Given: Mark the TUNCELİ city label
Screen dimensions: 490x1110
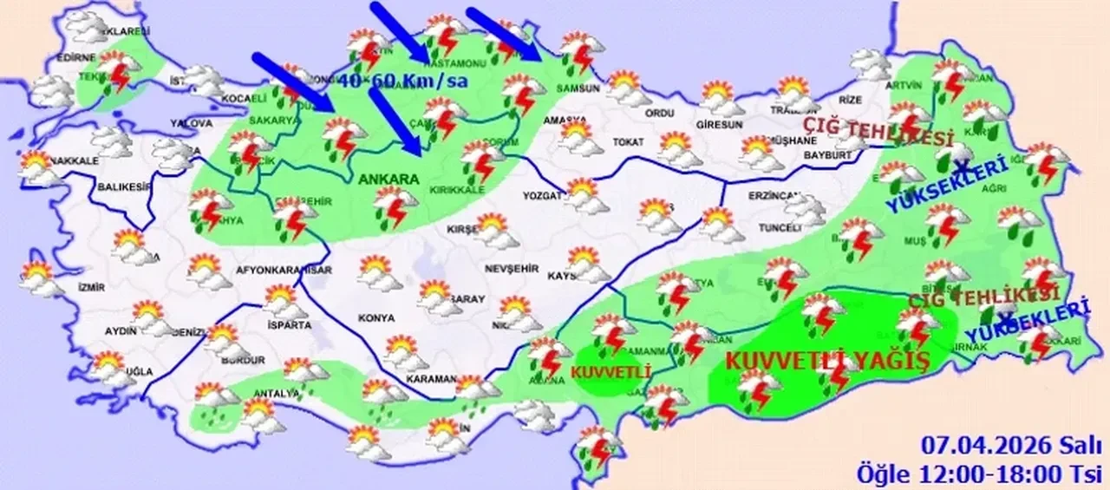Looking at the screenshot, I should (778, 228).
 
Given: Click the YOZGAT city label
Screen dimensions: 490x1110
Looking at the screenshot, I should (543, 196).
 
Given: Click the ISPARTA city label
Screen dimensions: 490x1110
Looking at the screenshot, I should (289, 325).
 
